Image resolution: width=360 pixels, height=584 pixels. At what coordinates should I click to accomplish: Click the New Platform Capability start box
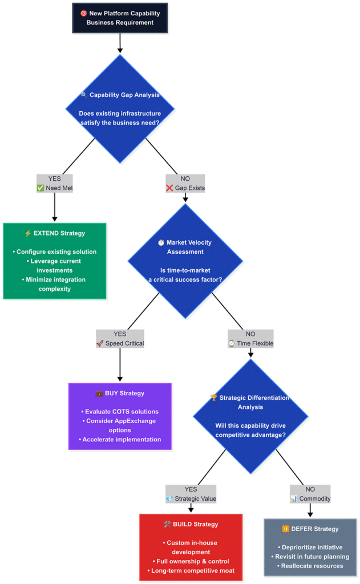[x=120, y=18]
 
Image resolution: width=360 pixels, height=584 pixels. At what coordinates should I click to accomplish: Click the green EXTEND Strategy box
[x=55, y=261]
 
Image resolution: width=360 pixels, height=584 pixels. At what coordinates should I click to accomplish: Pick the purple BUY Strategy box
[x=120, y=416]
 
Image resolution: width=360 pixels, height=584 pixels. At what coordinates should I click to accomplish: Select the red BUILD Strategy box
[x=191, y=547]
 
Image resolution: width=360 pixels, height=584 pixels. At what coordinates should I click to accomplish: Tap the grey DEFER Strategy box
[x=310, y=547]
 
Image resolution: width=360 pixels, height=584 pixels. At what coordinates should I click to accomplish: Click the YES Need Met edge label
[x=55, y=183]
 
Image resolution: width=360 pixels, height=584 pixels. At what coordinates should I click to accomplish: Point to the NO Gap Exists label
[x=185, y=183]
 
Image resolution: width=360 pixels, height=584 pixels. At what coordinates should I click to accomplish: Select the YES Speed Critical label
[x=120, y=339]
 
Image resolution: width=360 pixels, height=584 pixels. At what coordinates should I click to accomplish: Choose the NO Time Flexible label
[x=250, y=339]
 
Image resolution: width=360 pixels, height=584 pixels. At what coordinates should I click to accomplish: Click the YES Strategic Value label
[x=191, y=494]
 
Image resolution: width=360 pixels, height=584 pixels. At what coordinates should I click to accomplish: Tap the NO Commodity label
[x=310, y=494]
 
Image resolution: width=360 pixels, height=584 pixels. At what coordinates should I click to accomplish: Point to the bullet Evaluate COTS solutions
[x=120, y=411]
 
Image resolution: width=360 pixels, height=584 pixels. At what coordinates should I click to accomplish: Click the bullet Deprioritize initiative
[x=310, y=547]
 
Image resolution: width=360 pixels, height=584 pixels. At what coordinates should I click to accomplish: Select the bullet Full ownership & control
[x=191, y=561]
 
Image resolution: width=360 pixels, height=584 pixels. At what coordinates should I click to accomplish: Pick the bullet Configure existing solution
[x=55, y=252]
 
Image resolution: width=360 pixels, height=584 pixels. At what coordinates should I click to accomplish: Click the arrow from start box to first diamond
[x=120, y=43]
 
